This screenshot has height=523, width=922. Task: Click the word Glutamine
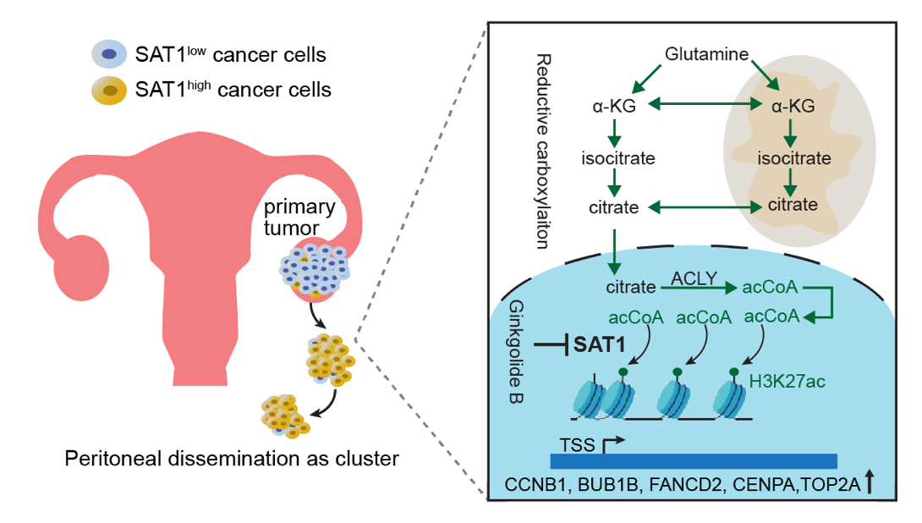706,55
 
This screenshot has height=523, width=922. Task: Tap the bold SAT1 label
599,344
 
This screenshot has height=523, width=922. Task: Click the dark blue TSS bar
693,460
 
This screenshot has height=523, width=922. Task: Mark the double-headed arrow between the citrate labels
703,205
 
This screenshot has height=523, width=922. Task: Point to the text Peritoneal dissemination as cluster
232,460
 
